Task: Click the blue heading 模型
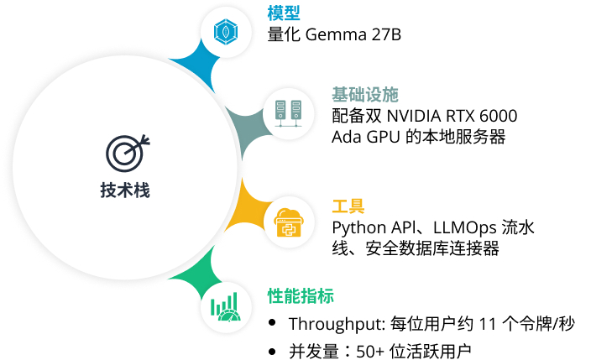[x=284, y=13]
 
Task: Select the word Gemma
[x=329, y=35]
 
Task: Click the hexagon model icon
[x=224, y=32]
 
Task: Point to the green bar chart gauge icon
[x=224, y=308]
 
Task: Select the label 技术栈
[x=124, y=190]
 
